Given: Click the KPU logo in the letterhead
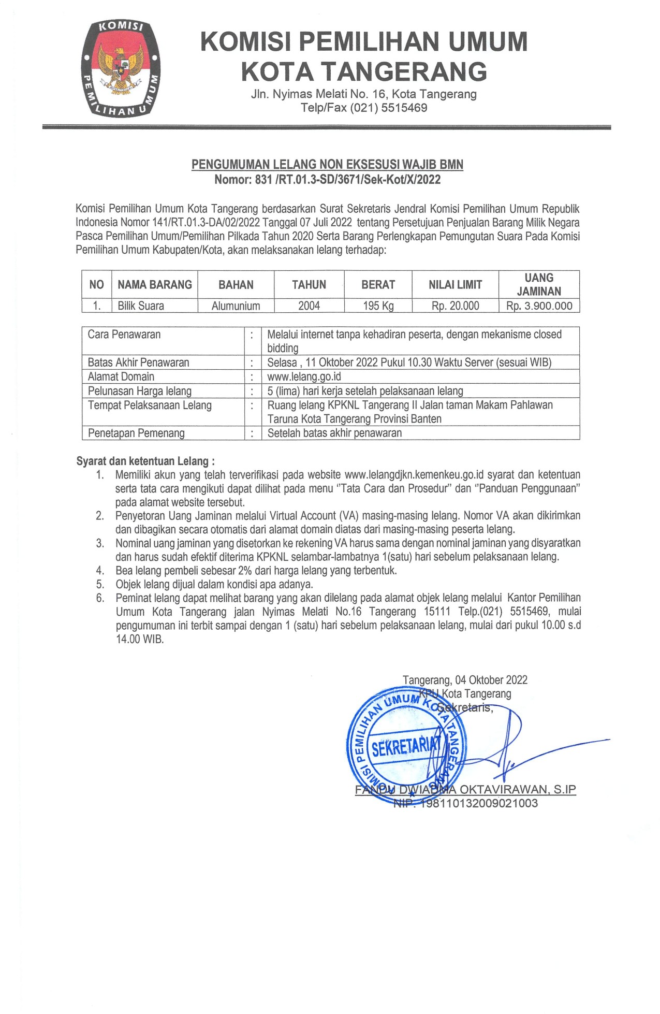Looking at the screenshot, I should click(x=121, y=68).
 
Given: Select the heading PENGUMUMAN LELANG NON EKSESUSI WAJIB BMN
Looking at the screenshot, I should click(x=327, y=165).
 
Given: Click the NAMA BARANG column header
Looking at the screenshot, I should click(x=155, y=284).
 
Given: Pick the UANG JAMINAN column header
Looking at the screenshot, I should click(x=539, y=284).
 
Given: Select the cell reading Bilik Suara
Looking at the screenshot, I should click(x=141, y=306).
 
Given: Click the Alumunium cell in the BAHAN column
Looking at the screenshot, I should click(x=236, y=306).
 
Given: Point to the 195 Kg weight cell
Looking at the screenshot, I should click(x=378, y=306).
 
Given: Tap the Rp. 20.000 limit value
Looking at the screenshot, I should click(x=455, y=306).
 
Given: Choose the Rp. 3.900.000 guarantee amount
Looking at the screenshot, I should click(x=539, y=306).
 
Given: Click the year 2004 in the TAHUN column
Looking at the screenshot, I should click(x=309, y=306).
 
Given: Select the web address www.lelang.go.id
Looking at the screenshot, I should click(x=304, y=376).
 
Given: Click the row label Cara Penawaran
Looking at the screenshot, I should click(x=124, y=335).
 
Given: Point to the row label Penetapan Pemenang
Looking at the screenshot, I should click(x=136, y=433).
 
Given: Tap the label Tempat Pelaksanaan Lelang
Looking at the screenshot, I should click(x=150, y=405).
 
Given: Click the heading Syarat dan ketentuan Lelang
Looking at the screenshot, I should click(x=145, y=461).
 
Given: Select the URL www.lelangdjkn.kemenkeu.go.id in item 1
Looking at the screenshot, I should click(x=414, y=475).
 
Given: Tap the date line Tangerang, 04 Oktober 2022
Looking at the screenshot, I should click(x=465, y=680).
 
